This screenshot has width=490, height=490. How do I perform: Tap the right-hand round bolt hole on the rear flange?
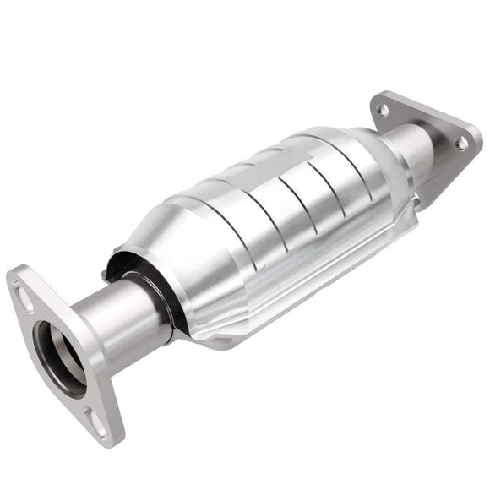(462, 143)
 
